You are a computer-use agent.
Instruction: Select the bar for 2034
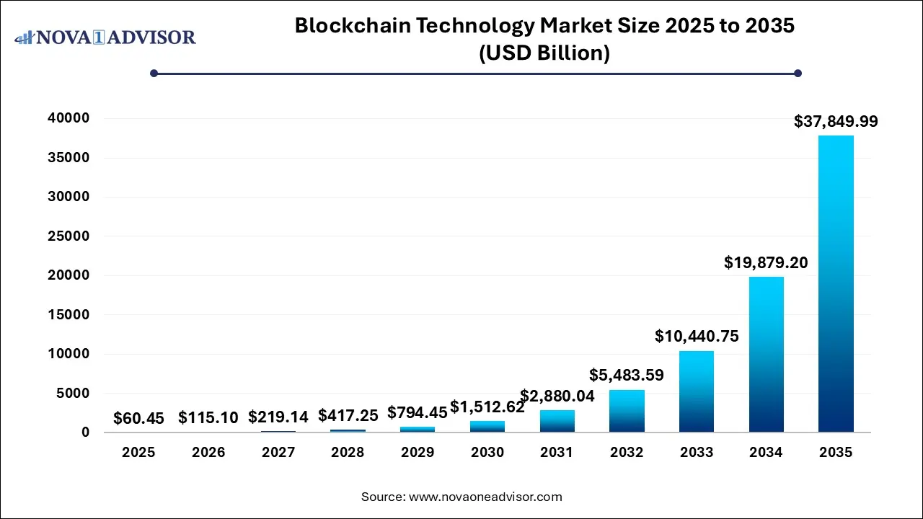[766, 354]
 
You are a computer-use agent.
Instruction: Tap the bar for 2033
[696, 391]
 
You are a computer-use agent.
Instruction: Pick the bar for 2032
[627, 411]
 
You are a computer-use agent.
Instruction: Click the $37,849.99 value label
[836, 122]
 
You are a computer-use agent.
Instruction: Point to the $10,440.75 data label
[697, 336]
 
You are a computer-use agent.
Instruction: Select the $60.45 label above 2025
[138, 418]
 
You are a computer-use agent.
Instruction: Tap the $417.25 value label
[348, 416]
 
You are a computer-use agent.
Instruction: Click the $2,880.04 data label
[557, 395]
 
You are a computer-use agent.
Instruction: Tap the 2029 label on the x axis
[418, 453]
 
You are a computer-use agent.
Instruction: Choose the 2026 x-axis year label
[208, 453]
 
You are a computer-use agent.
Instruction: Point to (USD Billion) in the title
[544, 53]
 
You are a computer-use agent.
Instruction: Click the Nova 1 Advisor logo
[105, 37]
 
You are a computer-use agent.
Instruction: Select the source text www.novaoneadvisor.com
[485, 497]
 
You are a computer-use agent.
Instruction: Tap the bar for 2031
[557, 421]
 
